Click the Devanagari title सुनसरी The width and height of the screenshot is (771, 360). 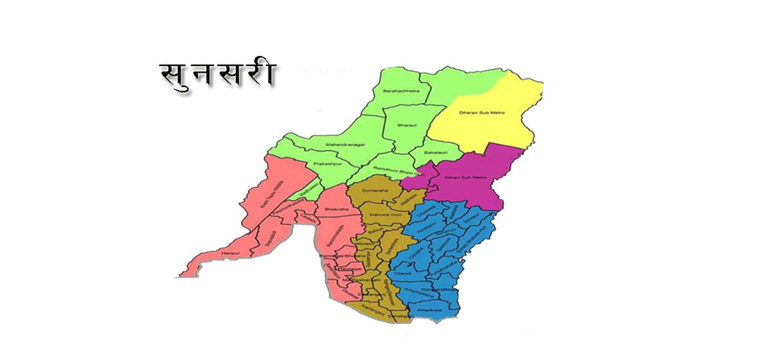pyautogui.click(x=217, y=75)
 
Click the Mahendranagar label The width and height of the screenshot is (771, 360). pyautogui.click(x=346, y=145)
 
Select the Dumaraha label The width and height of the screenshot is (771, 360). pyautogui.click(x=375, y=191)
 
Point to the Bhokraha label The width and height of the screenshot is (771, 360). pyautogui.click(x=337, y=209)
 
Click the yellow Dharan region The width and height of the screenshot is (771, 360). pyautogui.click(x=488, y=129)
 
